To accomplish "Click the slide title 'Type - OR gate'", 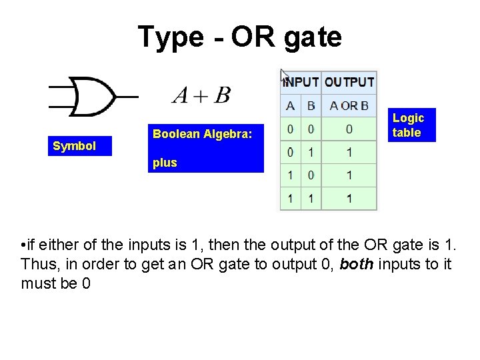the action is (239, 37).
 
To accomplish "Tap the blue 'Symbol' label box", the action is (75, 146).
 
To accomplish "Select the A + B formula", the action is (201, 95).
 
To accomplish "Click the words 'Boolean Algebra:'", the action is (203, 134).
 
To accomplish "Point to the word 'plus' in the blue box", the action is (165, 163).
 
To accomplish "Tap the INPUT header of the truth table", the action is (301, 83).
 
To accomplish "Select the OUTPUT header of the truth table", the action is (349, 83).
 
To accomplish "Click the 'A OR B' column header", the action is (349, 105).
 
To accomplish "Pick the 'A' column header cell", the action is (290, 105).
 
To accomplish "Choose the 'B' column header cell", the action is (311, 105).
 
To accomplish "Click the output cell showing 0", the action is (349, 129).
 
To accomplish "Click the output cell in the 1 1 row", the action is (349, 198).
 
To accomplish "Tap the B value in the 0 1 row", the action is (311, 152).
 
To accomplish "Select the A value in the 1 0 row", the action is (290, 175).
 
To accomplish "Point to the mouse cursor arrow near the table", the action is (284, 75).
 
